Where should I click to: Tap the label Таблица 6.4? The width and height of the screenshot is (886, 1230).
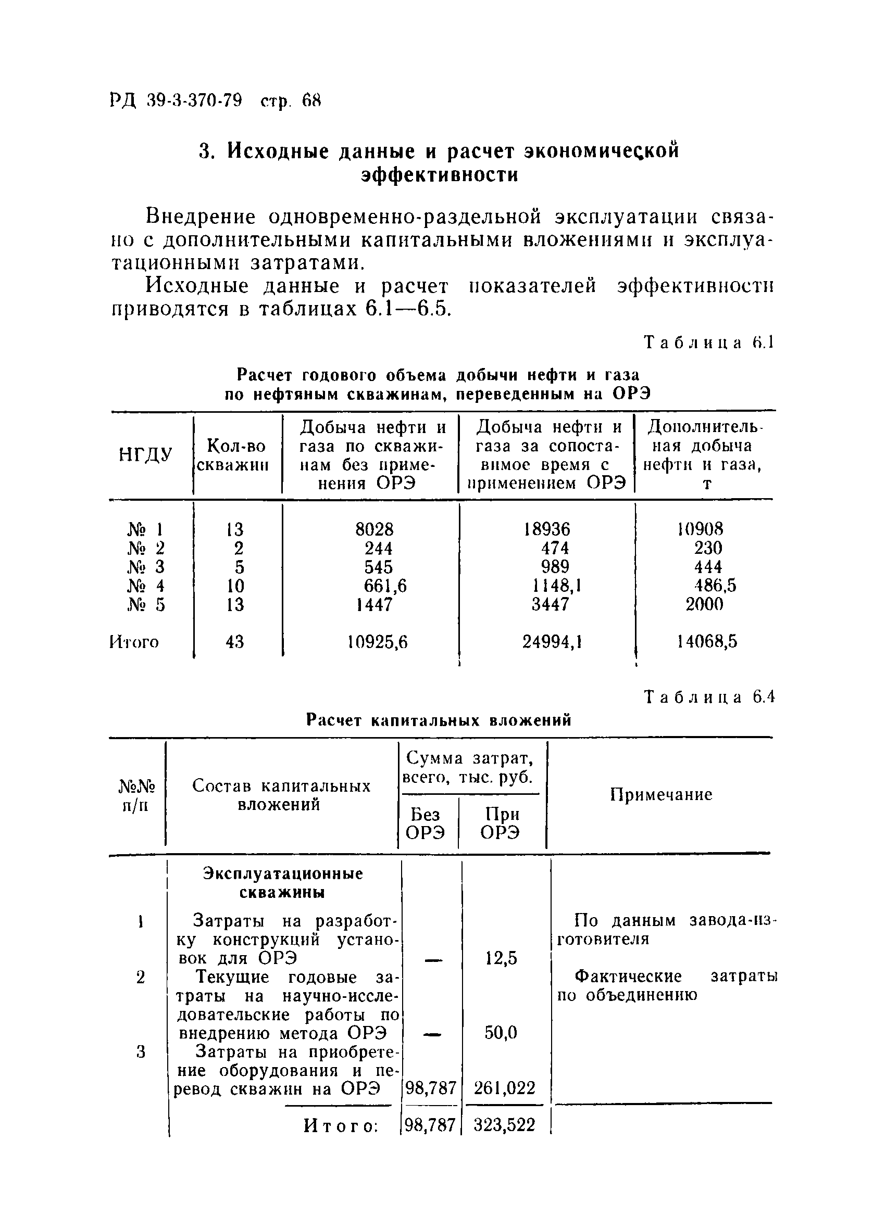709,697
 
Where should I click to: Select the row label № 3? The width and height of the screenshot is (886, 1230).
145,567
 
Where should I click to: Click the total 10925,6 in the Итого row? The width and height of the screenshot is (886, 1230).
378,643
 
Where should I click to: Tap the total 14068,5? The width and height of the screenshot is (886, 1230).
707,643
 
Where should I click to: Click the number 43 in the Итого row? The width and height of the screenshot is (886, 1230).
235,643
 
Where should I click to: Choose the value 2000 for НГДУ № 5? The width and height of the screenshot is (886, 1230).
704,605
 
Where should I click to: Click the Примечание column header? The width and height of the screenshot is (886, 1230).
661,795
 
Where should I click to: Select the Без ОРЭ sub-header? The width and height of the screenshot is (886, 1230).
426,824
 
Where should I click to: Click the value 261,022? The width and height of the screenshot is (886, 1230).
505,1088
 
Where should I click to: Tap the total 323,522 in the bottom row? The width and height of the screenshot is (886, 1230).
505,1125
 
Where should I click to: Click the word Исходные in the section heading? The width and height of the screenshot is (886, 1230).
277,151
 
